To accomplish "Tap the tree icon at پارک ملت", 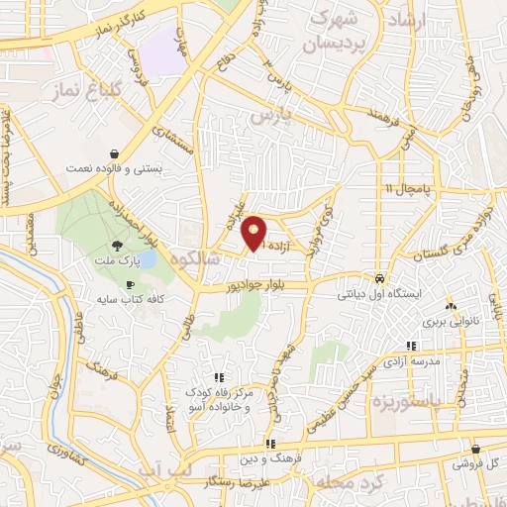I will [x=118, y=246].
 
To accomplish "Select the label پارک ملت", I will [x=117, y=264].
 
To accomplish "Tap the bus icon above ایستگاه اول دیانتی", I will [x=379, y=279].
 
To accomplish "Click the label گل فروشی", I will [x=476, y=463].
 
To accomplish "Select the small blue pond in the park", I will [x=145, y=260].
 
